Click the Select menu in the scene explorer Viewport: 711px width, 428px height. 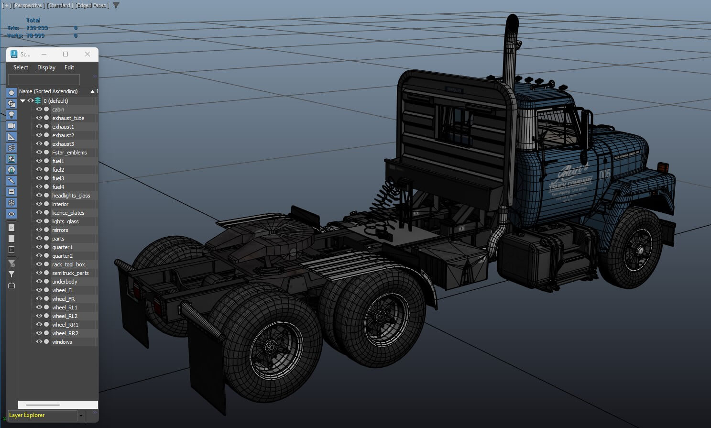[x=21, y=67]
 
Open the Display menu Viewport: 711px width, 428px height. [x=46, y=67]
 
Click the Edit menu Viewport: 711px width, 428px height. [x=69, y=67]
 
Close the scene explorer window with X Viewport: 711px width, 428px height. [x=88, y=54]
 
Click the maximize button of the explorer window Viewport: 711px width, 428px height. [x=66, y=54]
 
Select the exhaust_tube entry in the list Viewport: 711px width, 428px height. [x=68, y=118]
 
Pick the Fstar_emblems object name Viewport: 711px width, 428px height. [x=69, y=153]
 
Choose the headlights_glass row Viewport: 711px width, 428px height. [x=71, y=196]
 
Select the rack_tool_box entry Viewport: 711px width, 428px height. [x=68, y=264]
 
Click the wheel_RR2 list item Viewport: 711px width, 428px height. [x=65, y=333]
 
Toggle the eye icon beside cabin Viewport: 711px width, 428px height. [x=39, y=110]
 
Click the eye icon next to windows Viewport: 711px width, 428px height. [x=39, y=342]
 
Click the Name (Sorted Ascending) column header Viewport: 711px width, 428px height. [x=48, y=91]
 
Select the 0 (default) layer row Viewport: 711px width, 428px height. [x=55, y=101]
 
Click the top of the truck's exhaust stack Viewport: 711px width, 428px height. [x=512, y=22]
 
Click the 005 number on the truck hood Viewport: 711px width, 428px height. [x=605, y=174]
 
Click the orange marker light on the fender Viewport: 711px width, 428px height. [x=663, y=168]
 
